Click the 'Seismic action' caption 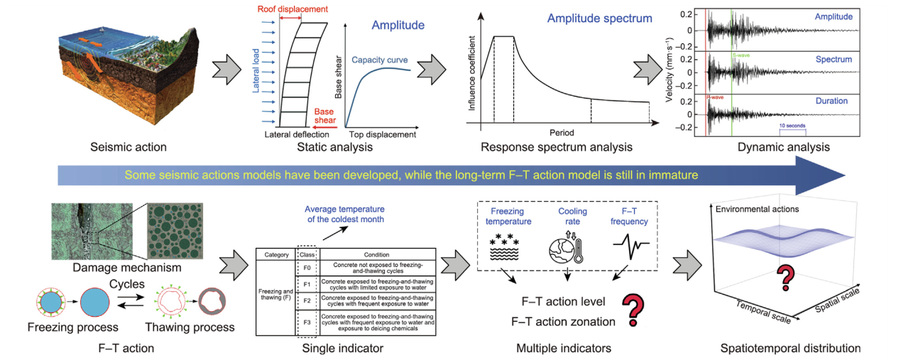click(128, 148)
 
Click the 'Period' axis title click(561, 132)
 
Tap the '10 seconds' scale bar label click(792, 125)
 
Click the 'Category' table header click(275, 253)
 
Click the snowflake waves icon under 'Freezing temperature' click(506, 249)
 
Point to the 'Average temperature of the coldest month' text click(344, 214)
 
